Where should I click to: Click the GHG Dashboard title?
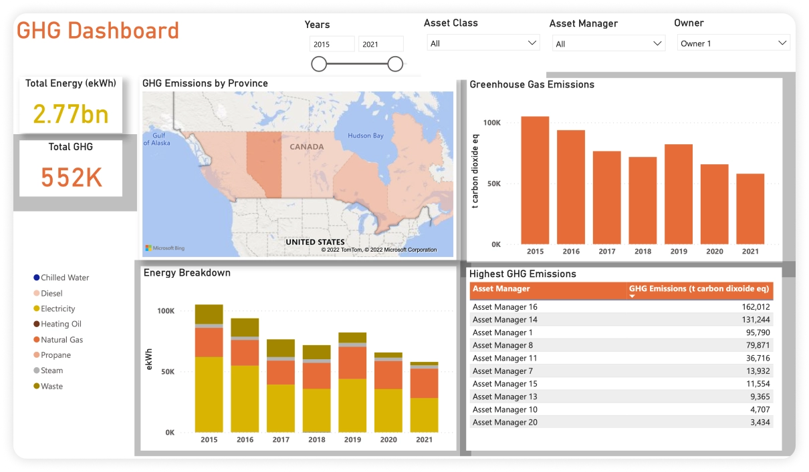coord(98,31)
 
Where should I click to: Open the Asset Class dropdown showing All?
coord(483,43)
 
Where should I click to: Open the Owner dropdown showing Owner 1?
coord(733,43)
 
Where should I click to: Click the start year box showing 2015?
coord(332,45)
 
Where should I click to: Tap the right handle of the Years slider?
coord(395,64)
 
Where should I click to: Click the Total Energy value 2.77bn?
coord(71,115)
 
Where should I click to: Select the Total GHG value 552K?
coord(71,178)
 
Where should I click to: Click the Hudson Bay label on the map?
coord(366,136)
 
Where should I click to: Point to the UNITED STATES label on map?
coord(315,242)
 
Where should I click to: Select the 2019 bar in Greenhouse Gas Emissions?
coord(678,194)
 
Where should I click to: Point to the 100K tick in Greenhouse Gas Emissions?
coord(491,123)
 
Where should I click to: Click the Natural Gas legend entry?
coord(62,340)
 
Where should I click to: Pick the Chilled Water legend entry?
coord(64,278)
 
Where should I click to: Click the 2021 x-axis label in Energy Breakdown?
coord(424,440)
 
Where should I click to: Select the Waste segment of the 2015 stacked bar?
coord(209,314)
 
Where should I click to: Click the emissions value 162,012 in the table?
coord(756,307)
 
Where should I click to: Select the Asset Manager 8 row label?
coord(503,345)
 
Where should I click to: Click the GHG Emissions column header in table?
coord(699,289)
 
